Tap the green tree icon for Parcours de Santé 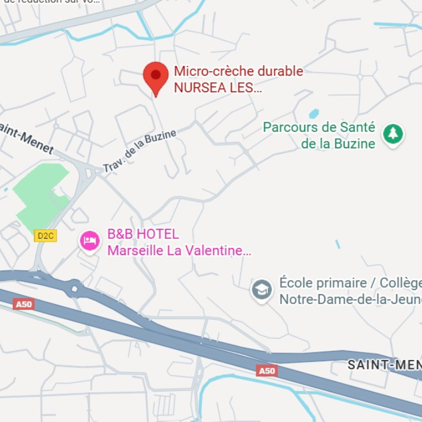[x=393, y=134]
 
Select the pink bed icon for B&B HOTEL [x=90, y=240]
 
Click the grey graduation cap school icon [x=261, y=290]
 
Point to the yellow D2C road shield [x=45, y=236]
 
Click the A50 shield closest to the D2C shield [x=24, y=304]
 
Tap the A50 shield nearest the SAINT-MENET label [x=266, y=371]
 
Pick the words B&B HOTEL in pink [x=143, y=234]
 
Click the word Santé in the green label [x=357, y=127]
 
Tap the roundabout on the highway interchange [x=74, y=288]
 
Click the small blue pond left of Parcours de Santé [x=314, y=113]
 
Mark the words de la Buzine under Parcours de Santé [x=338, y=144]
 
